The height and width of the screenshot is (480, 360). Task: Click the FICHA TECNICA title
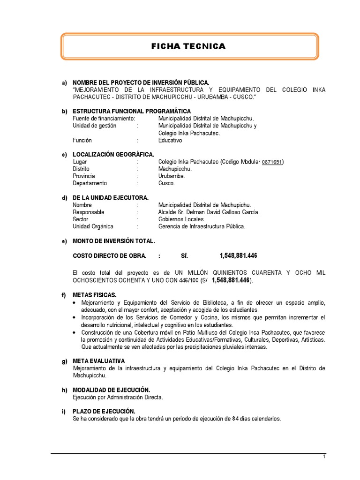[x=188, y=46]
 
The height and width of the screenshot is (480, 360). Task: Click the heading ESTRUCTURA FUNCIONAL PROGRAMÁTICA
[x=131, y=111]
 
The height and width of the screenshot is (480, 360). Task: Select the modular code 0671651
[x=272, y=162]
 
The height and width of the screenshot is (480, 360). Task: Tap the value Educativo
[x=170, y=140]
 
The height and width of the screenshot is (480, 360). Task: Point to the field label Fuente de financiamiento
[x=104, y=119]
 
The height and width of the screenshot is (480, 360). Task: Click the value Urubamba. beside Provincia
[x=172, y=176]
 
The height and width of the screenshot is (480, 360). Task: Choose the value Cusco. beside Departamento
[x=166, y=183]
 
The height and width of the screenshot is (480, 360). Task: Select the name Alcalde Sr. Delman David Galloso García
[x=209, y=212]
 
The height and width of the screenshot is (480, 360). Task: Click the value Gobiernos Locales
[x=182, y=219]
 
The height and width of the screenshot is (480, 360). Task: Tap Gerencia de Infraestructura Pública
[x=202, y=226]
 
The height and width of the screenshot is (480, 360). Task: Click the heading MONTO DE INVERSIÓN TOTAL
[x=113, y=241]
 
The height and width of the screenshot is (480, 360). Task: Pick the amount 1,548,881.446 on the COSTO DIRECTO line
[x=238, y=255]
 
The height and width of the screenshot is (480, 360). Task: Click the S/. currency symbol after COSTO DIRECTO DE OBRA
[x=184, y=255]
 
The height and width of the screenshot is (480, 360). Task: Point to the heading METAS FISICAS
[x=94, y=295]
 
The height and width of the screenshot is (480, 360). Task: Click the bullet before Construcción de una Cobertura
[x=75, y=332]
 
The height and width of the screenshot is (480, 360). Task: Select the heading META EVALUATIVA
[x=98, y=361]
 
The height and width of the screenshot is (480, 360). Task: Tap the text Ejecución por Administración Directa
[x=118, y=397]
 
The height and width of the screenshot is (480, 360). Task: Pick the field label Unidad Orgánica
[x=93, y=226]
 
